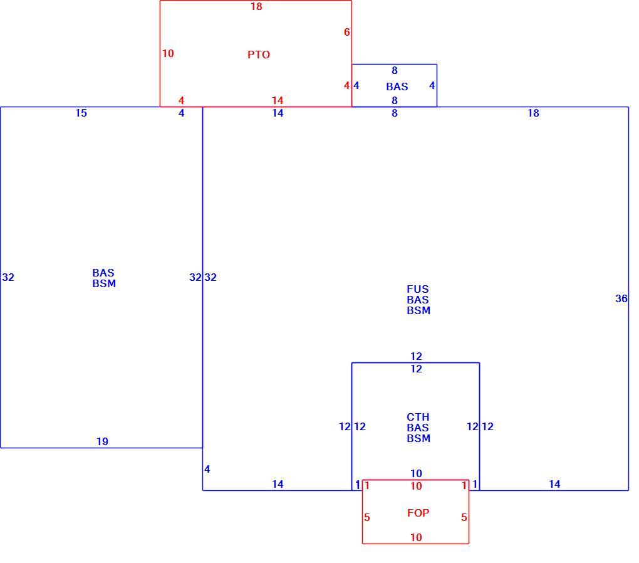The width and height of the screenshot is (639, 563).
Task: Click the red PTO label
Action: [x=258, y=55]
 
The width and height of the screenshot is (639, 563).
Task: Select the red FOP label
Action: [x=418, y=513]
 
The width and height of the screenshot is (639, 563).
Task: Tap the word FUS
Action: [x=418, y=289]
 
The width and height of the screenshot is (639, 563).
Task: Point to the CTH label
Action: [x=418, y=417]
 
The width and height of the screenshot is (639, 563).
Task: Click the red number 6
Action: [x=347, y=32]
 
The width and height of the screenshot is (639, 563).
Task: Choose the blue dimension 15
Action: [x=81, y=113]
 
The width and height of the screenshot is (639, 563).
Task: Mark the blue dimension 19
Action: [x=102, y=441]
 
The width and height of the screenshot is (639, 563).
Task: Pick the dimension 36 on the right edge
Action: [x=621, y=298]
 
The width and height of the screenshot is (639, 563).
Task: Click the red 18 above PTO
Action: [x=256, y=6]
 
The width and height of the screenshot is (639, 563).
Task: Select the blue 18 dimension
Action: [x=533, y=113]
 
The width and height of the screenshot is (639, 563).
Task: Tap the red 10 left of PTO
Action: [x=168, y=53]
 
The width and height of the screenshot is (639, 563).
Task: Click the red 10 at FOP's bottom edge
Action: [x=416, y=537]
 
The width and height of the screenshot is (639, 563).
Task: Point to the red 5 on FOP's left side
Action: [x=366, y=517]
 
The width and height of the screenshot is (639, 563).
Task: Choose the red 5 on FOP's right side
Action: [x=464, y=517]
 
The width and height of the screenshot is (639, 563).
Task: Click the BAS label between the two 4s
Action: [x=397, y=87]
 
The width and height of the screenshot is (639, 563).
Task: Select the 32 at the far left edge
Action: [x=8, y=277]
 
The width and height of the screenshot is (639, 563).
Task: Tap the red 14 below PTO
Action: [x=278, y=100]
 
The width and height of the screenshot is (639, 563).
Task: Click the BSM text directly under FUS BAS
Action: [x=418, y=310]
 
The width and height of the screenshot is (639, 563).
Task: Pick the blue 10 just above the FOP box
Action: [x=416, y=473]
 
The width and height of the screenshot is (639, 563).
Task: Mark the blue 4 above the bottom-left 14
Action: [x=207, y=469]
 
